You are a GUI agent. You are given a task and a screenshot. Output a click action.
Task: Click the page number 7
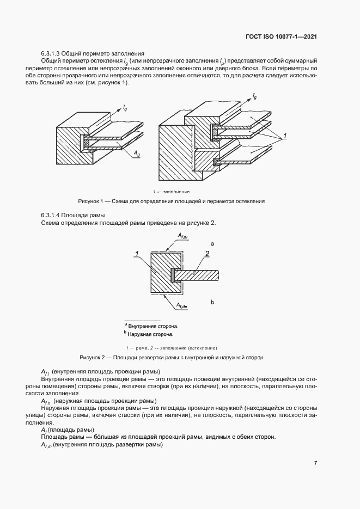click(x=316, y=463)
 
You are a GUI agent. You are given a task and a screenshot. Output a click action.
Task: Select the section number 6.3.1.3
click(x=50, y=54)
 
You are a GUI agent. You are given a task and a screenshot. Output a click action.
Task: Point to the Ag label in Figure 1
click(x=135, y=155)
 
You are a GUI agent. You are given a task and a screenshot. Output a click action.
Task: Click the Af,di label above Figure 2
click(x=182, y=236)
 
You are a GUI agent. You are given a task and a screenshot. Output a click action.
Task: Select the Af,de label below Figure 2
click(x=182, y=306)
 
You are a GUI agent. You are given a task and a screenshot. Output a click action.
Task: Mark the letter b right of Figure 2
click(x=212, y=301)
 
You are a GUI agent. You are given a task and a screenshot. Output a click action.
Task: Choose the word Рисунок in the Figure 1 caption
click(x=90, y=201)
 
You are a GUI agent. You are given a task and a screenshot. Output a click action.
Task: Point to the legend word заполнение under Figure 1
click(x=175, y=192)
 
